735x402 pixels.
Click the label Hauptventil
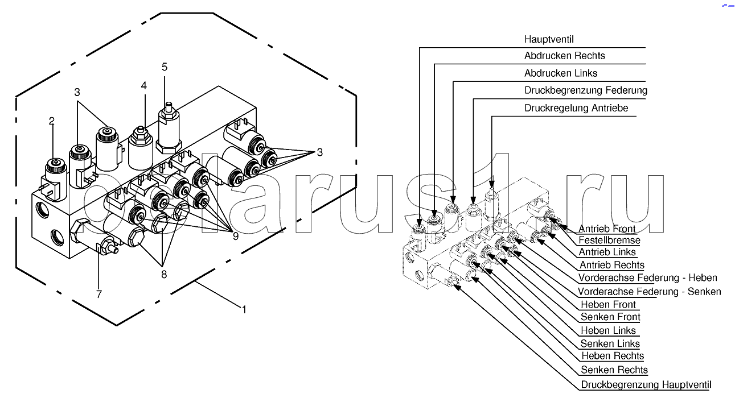pos(548,39)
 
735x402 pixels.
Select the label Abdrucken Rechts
pos(564,56)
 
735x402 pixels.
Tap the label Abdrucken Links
pos(560,73)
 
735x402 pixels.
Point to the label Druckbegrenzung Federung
pos(585,90)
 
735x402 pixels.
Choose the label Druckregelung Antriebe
pos(576,108)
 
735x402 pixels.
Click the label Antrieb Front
pos(607,229)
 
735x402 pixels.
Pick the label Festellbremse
pos(609,240)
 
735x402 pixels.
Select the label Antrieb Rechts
pos(611,265)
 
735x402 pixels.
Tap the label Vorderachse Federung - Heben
pos(647,278)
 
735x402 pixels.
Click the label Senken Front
pos(610,317)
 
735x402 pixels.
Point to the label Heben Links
pos(607,330)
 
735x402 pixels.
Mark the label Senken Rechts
pos(614,370)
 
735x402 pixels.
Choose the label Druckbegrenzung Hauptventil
pos(646,385)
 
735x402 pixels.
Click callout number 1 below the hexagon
pos(244,310)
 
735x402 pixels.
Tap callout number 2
pos(52,121)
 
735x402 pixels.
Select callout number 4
pos(144,85)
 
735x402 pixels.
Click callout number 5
pos(165,67)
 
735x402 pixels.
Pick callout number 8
pos(163,274)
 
